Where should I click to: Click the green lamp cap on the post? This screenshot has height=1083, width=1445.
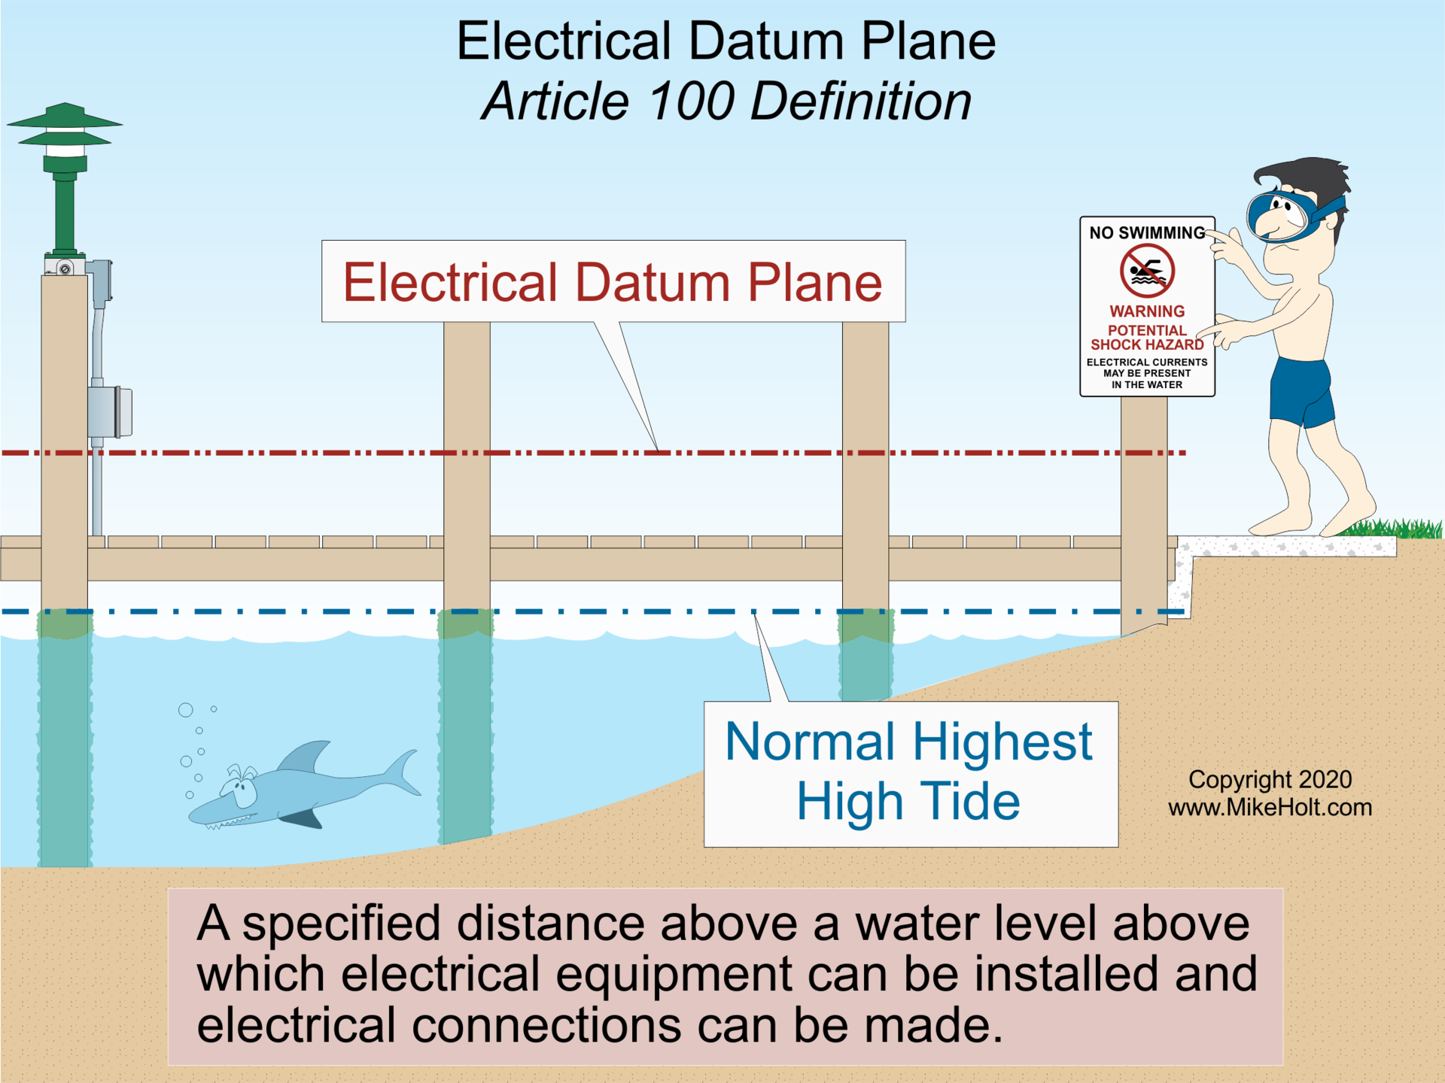coord(65,120)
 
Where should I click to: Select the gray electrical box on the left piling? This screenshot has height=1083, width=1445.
coord(110,411)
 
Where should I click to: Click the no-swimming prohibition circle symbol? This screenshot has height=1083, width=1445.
coord(1147,271)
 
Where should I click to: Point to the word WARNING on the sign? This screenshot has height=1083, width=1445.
coord(1147,311)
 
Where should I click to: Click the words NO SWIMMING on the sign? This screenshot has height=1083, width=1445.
coord(1147,233)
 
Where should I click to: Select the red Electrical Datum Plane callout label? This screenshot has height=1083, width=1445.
coord(613,282)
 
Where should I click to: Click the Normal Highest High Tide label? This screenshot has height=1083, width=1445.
coord(909,772)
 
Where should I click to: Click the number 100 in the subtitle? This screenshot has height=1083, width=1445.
coord(690,102)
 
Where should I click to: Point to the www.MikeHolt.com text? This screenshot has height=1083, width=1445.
coord(1270,808)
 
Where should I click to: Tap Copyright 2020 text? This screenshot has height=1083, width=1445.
coord(1270,780)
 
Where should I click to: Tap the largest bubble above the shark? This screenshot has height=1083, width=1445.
coord(185,710)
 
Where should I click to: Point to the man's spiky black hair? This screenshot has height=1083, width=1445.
coord(1310,177)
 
